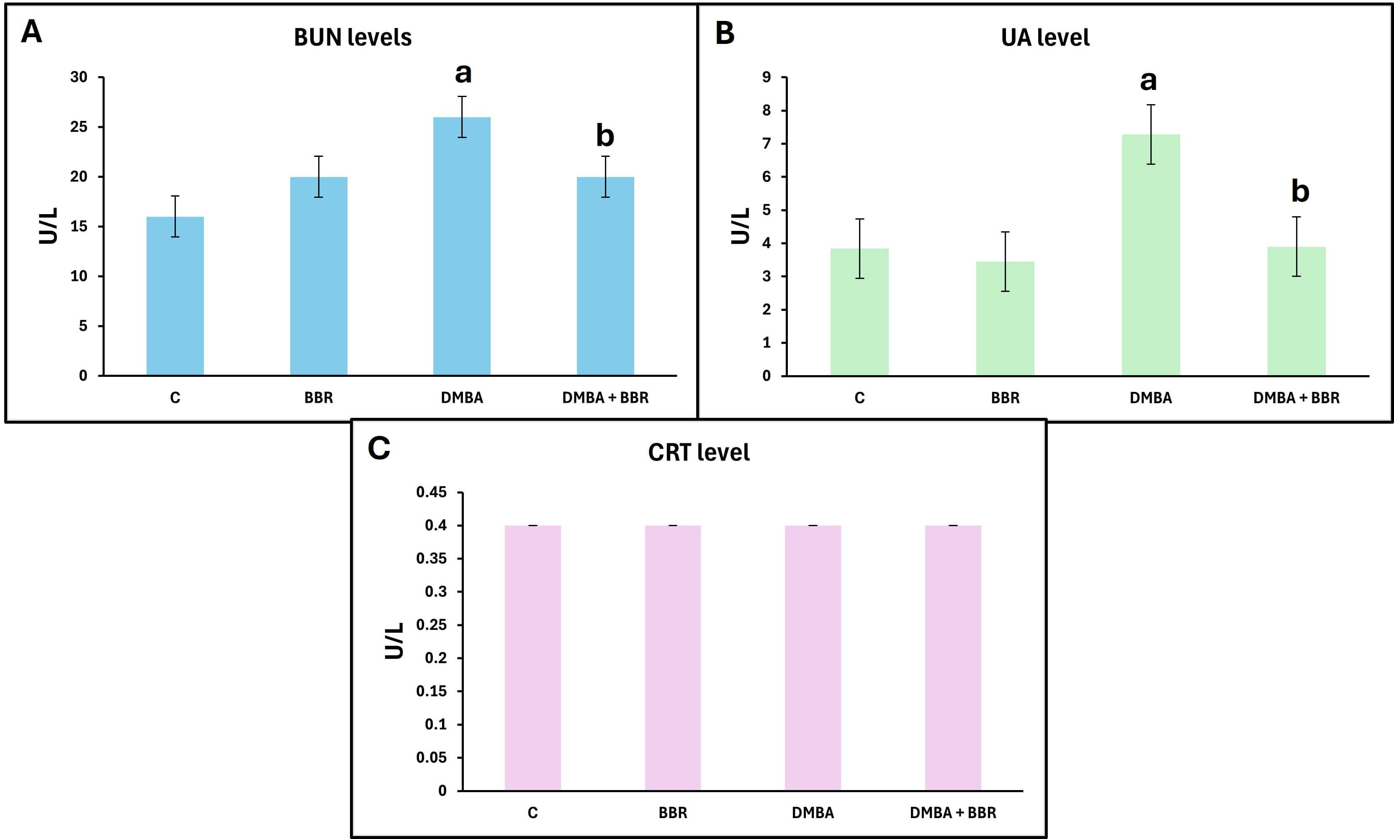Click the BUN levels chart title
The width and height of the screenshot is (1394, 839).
[352, 37]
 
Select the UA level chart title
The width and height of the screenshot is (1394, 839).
[1044, 37]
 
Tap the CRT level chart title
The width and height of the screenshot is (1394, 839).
[698, 452]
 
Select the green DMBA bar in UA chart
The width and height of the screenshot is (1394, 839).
[1150, 254]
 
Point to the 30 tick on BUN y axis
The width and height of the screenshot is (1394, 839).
[79, 77]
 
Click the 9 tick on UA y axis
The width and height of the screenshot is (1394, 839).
[766, 77]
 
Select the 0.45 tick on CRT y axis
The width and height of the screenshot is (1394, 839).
[431, 492]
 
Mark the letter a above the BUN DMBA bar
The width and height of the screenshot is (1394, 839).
[463, 73]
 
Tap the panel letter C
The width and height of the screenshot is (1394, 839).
[378, 448]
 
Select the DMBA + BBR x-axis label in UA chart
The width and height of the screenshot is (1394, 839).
[1296, 398]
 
